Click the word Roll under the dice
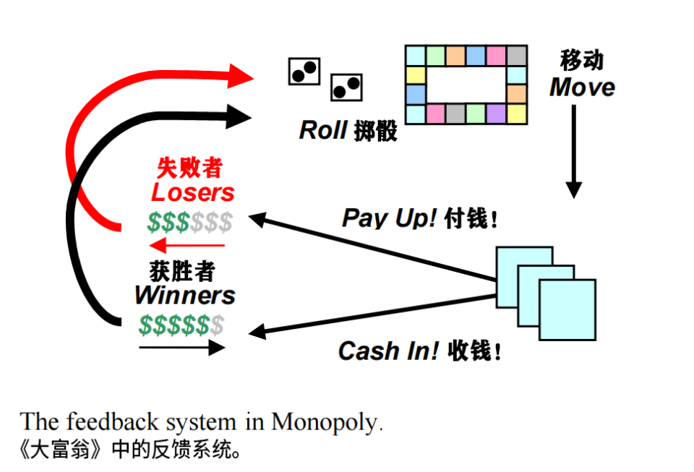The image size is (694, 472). tap(323, 130)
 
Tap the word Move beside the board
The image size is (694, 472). tap(582, 87)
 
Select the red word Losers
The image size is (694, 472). tap(193, 192)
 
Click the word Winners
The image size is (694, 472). tap(185, 295)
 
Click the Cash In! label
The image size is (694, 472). tap(388, 351)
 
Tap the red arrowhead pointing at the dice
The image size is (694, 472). tap(240, 74)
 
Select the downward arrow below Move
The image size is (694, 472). tap(573, 152)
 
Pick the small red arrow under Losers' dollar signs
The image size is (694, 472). tap(186, 246)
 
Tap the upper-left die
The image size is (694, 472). tap(304, 71)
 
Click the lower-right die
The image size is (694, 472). tap(346, 87)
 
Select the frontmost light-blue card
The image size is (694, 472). tap(567, 309)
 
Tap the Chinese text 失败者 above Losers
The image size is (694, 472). tap(189, 168)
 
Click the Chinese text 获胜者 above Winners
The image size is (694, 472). tap(182, 271)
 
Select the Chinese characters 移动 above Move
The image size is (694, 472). tap(582, 60)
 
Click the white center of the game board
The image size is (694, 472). tap(466, 85)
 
